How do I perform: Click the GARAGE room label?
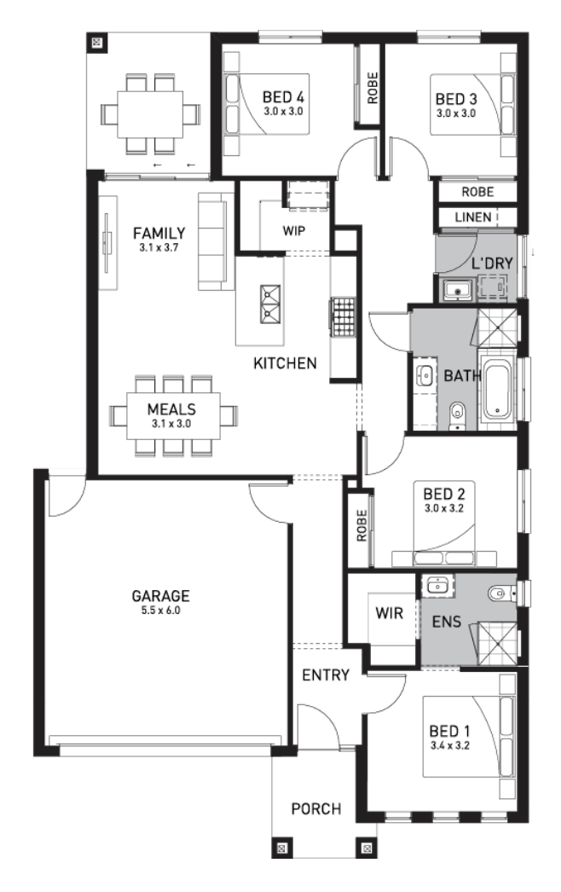(x=160, y=595)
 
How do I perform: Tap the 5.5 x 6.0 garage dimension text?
(x=160, y=611)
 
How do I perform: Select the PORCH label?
(x=315, y=808)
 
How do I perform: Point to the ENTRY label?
(x=326, y=675)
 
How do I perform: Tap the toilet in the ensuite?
(x=500, y=594)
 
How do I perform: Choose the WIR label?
(x=389, y=613)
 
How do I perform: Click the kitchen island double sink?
(x=269, y=304)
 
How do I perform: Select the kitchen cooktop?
(x=343, y=316)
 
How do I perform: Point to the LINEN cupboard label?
(x=473, y=217)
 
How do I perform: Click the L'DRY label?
(x=492, y=264)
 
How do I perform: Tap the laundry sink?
(x=456, y=290)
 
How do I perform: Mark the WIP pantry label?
(x=293, y=230)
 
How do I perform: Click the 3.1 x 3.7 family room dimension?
(x=159, y=247)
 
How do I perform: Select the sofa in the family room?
(x=216, y=241)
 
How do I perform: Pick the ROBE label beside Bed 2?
(x=361, y=525)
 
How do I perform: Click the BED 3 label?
(x=456, y=99)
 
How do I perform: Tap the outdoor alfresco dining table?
(x=151, y=113)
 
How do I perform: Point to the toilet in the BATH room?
(x=457, y=414)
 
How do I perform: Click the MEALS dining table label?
(x=171, y=409)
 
